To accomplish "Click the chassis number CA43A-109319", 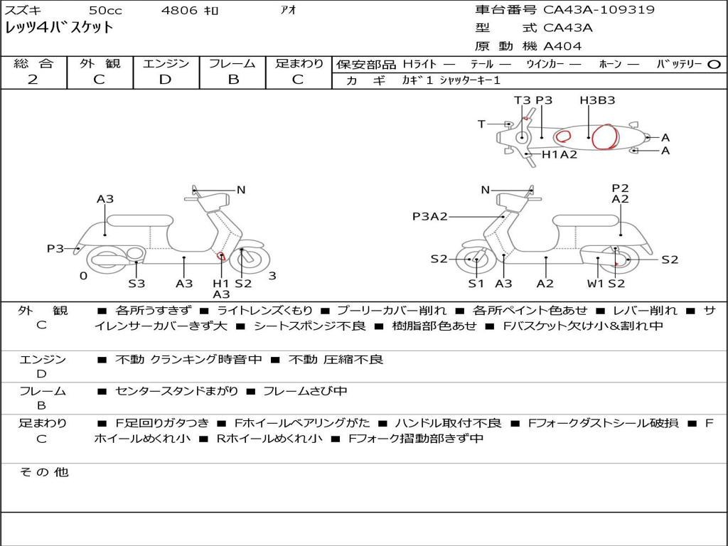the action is pyautogui.click(x=599, y=10).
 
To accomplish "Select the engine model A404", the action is pyautogui.click(x=562, y=46).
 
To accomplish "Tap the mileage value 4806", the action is pyautogui.click(x=180, y=10).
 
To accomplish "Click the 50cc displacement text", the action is pyautogui.click(x=105, y=10).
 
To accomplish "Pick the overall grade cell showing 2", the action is pyautogui.click(x=33, y=80).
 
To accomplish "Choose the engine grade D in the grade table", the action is pyautogui.click(x=165, y=80).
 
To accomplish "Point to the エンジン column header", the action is pyautogui.click(x=165, y=63).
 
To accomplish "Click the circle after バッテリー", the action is pyautogui.click(x=714, y=64).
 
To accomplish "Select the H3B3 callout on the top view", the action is pyautogui.click(x=597, y=100).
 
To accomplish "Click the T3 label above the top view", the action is pyautogui.click(x=523, y=100).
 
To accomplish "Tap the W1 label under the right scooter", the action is pyautogui.click(x=595, y=284).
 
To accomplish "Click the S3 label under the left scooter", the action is pyautogui.click(x=136, y=284).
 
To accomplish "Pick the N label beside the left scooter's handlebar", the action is pyautogui.click(x=241, y=190).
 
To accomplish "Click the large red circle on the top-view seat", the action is pyautogui.click(x=604, y=136).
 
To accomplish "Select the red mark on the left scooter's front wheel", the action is pyautogui.click(x=221, y=257).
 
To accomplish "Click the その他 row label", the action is pyautogui.click(x=43, y=472).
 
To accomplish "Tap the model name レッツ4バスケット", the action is pyautogui.click(x=60, y=28).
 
